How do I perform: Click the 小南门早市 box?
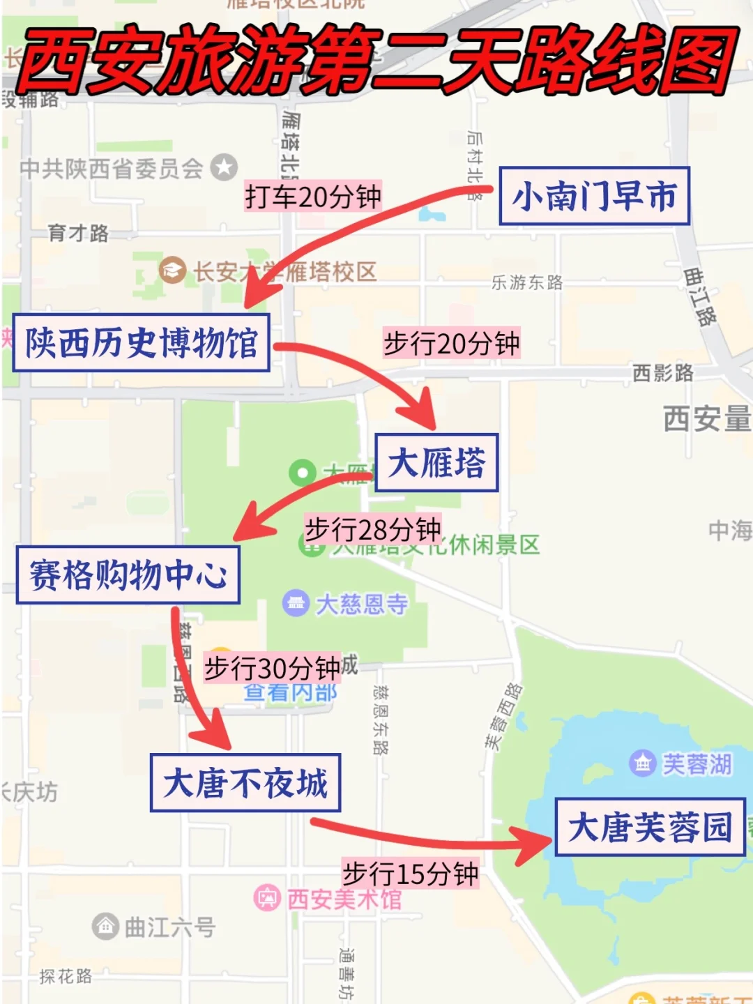click(594, 196)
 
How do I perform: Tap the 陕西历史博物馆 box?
click(142, 343)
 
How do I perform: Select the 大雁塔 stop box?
click(436, 463)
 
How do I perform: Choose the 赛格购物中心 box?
click(128, 575)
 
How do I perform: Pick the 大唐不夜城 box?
click(245, 783)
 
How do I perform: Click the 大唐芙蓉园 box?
click(650, 828)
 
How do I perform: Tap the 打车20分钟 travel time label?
click(313, 197)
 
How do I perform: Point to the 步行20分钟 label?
click(452, 344)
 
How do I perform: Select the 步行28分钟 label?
click(373, 530)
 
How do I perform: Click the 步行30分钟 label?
click(272, 669)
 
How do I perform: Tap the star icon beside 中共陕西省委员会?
click(224, 167)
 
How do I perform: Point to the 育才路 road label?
click(78, 233)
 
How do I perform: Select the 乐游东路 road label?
click(527, 282)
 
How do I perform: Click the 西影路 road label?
click(663, 373)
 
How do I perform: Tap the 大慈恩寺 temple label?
click(362, 604)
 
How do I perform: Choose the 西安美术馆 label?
click(344, 899)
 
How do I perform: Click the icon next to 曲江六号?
click(105, 927)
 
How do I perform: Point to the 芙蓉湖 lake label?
click(697, 764)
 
